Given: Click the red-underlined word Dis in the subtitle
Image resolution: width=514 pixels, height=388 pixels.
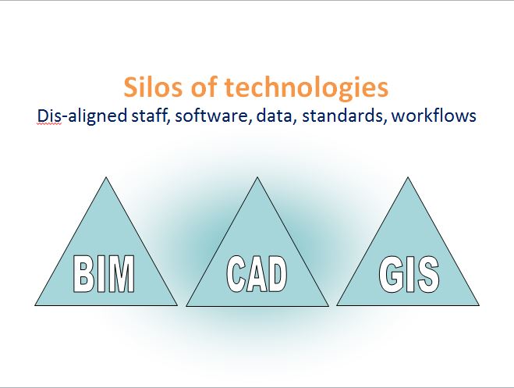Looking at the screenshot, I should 48,116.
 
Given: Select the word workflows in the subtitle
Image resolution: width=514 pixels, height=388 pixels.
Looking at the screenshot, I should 434,116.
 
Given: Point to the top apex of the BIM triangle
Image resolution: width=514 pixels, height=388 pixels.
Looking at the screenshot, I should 106,178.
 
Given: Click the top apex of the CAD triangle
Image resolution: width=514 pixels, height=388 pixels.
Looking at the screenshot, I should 257,178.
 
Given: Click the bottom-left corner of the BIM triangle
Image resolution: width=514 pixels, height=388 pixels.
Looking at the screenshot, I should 36,305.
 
